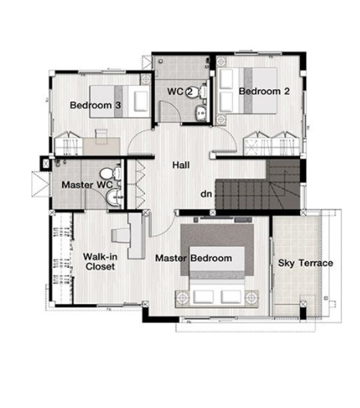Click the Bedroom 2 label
click(264, 91)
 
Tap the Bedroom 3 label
click(95, 105)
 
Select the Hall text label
click(181, 165)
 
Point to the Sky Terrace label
click(305, 263)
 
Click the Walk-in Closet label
click(100, 261)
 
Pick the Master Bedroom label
click(194, 258)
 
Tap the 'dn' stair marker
click(206, 194)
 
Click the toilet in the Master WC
click(111, 174)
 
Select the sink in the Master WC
click(113, 197)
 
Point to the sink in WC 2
click(201, 112)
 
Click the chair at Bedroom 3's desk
click(102, 136)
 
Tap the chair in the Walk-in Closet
click(120, 235)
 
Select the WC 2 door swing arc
click(174, 107)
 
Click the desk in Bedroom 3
click(102, 146)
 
